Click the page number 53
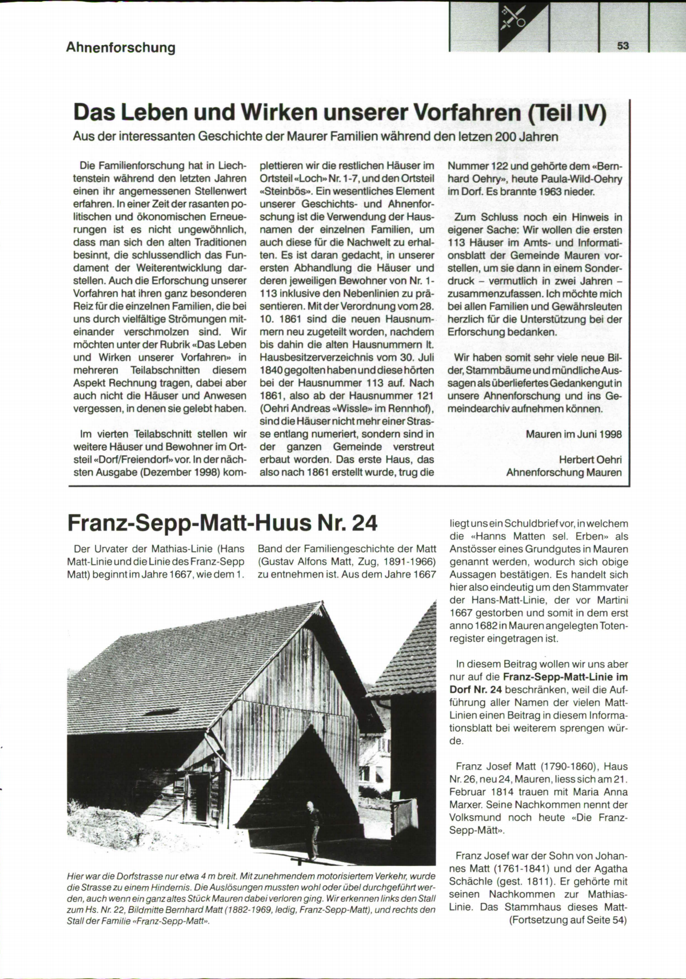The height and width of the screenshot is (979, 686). (x=623, y=46)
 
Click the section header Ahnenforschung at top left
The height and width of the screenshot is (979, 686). (x=121, y=47)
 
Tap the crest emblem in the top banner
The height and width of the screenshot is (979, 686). (x=512, y=21)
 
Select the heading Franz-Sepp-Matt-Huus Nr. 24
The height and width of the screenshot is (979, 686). (x=222, y=522)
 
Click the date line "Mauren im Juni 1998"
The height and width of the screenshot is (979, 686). (x=573, y=434)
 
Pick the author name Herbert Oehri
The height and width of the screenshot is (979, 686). (x=590, y=460)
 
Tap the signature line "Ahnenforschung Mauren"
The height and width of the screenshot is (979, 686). (x=564, y=472)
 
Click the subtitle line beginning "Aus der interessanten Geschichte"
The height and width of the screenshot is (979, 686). (x=316, y=137)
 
